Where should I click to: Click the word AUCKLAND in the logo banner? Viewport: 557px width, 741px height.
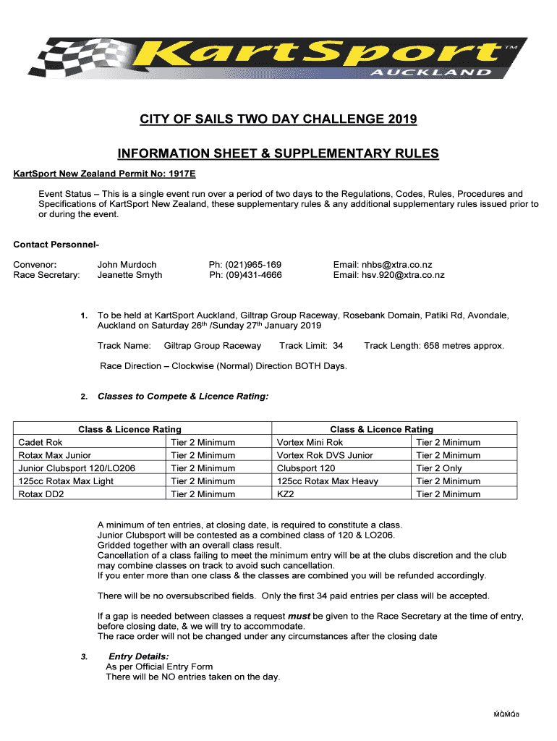point(430,72)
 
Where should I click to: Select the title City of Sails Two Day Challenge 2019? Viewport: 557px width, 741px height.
point(278,119)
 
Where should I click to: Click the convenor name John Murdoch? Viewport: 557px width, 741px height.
point(127,265)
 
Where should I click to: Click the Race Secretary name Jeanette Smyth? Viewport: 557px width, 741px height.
point(129,275)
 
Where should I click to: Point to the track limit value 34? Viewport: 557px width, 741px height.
point(337,346)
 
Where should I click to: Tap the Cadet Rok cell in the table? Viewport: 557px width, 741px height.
point(40,442)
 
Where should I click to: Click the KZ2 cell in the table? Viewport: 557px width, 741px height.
point(286,494)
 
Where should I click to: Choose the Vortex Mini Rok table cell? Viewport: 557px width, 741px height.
point(310,442)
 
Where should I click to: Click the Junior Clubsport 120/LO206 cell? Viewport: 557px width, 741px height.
point(77,468)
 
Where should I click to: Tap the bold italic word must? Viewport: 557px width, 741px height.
point(299,616)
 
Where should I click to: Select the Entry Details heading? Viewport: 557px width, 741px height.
point(139,656)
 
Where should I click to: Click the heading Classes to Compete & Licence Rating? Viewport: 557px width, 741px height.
point(183,397)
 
